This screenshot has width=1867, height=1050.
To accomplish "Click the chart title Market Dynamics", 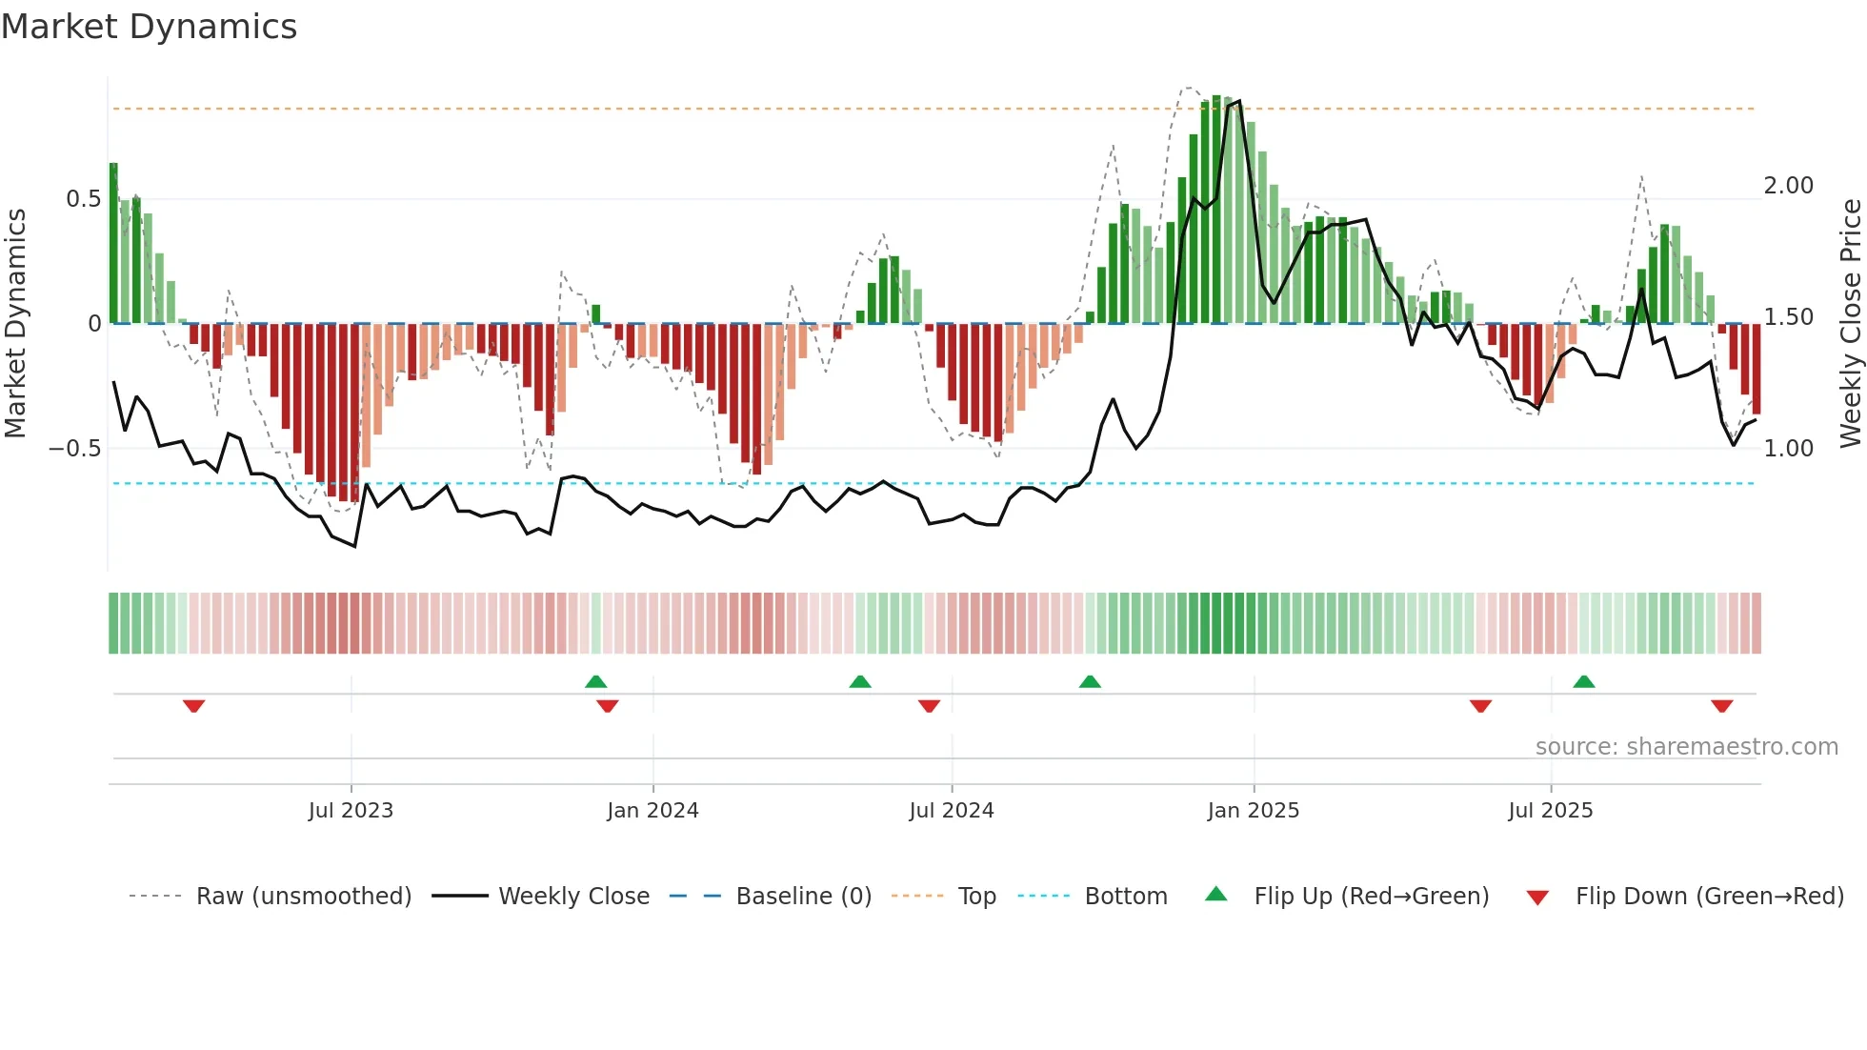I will click(150, 27).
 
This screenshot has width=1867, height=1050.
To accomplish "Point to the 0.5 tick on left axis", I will click(83, 199).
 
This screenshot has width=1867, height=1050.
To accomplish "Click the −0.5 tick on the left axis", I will click(75, 449).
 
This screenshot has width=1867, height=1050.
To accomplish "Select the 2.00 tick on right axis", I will click(1788, 186).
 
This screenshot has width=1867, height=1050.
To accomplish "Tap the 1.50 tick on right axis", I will click(1788, 317).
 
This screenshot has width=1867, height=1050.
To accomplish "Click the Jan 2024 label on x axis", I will click(652, 811).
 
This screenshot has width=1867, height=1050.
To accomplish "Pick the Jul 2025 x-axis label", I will click(1550, 811).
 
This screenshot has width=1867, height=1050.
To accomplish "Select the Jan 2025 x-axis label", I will click(1253, 811).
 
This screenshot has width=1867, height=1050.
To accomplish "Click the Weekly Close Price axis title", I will click(1850, 323).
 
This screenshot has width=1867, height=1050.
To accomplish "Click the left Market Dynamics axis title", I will click(15, 323).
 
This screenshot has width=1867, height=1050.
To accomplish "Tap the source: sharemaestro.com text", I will click(1686, 747).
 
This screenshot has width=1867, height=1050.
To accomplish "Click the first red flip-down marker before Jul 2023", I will click(194, 706).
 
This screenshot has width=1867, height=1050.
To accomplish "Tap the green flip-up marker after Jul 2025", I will click(1584, 681).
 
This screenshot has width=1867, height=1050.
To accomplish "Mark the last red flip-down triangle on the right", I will click(1721, 706).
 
